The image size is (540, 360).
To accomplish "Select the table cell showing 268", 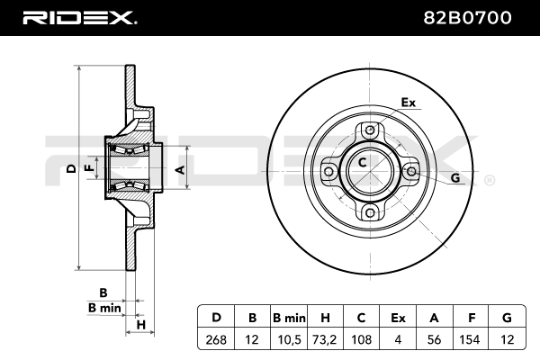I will [216, 339].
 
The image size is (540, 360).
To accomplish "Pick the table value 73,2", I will [325, 339].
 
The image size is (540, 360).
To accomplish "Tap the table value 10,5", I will [289, 339].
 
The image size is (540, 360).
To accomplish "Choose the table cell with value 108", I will [362, 339].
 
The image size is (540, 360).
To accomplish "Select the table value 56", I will [435, 339].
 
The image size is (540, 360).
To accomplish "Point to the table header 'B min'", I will [289, 318].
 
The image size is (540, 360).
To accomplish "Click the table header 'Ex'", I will [399, 318].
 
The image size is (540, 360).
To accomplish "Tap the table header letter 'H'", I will [325, 318].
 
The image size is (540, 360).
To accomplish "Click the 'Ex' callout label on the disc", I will [408, 103].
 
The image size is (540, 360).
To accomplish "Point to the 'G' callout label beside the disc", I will [454, 178].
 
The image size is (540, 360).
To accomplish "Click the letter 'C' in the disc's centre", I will [362, 163].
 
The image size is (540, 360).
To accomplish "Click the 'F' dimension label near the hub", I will [88, 168].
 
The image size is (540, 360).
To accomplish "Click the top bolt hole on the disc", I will [370, 129].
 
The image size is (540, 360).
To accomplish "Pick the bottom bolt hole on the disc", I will [370, 212].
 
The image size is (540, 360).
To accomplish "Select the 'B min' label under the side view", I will [104, 308].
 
